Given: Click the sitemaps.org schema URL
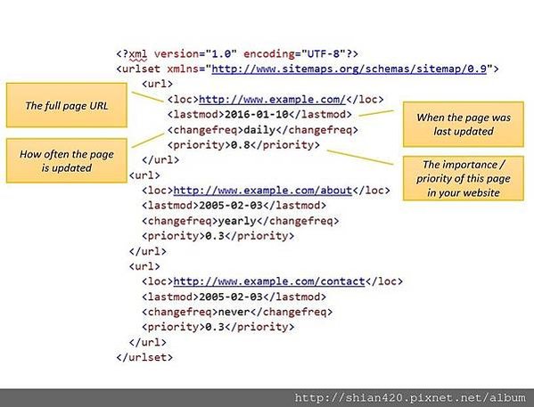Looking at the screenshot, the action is [349, 69].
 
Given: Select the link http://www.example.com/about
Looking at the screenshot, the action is [263, 191].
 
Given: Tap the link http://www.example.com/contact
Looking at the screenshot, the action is [269, 281].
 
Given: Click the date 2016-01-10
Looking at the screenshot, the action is [257, 114].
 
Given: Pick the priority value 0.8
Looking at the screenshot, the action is [241, 145].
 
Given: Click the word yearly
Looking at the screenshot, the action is [237, 221].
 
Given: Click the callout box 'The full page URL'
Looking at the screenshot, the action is [67, 105].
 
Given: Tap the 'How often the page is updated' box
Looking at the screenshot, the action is [67, 160].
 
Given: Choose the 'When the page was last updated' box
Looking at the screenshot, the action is [464, 124].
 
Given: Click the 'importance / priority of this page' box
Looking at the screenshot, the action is [464, 178].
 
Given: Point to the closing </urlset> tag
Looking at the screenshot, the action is [144, 357].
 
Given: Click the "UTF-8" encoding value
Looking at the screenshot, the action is [324, 53].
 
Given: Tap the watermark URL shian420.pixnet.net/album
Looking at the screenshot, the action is [410, 397].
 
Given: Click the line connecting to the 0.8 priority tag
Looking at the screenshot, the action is [360, 158].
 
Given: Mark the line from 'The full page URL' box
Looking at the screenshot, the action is [147, 97].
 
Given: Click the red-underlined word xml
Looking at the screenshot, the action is [138, 54].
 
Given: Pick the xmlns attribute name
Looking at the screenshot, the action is [183, 69].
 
